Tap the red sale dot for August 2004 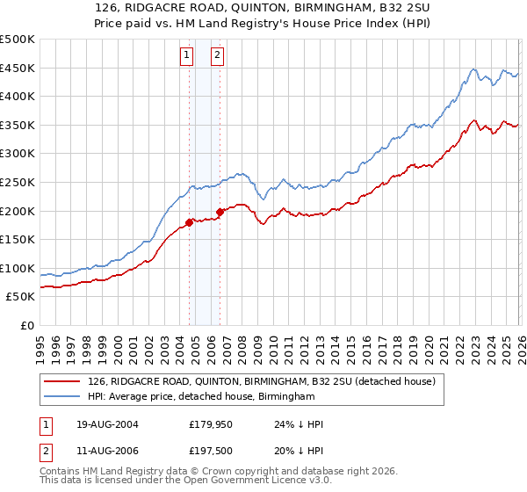189,222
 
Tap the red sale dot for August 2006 220,212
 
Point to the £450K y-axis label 18,68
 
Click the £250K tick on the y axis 18,182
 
